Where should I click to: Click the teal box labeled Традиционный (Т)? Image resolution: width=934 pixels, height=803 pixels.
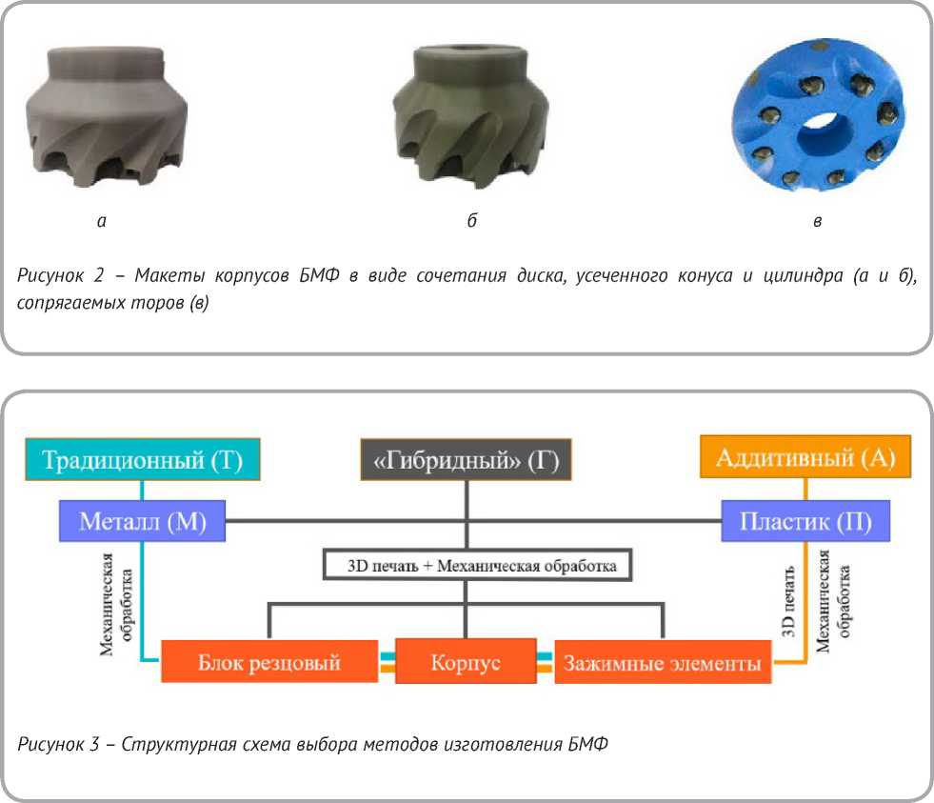pos(141,462)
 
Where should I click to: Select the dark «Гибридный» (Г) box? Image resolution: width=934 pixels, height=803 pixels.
pos(465,462)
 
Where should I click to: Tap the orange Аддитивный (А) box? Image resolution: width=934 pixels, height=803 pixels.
pos(805,459)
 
